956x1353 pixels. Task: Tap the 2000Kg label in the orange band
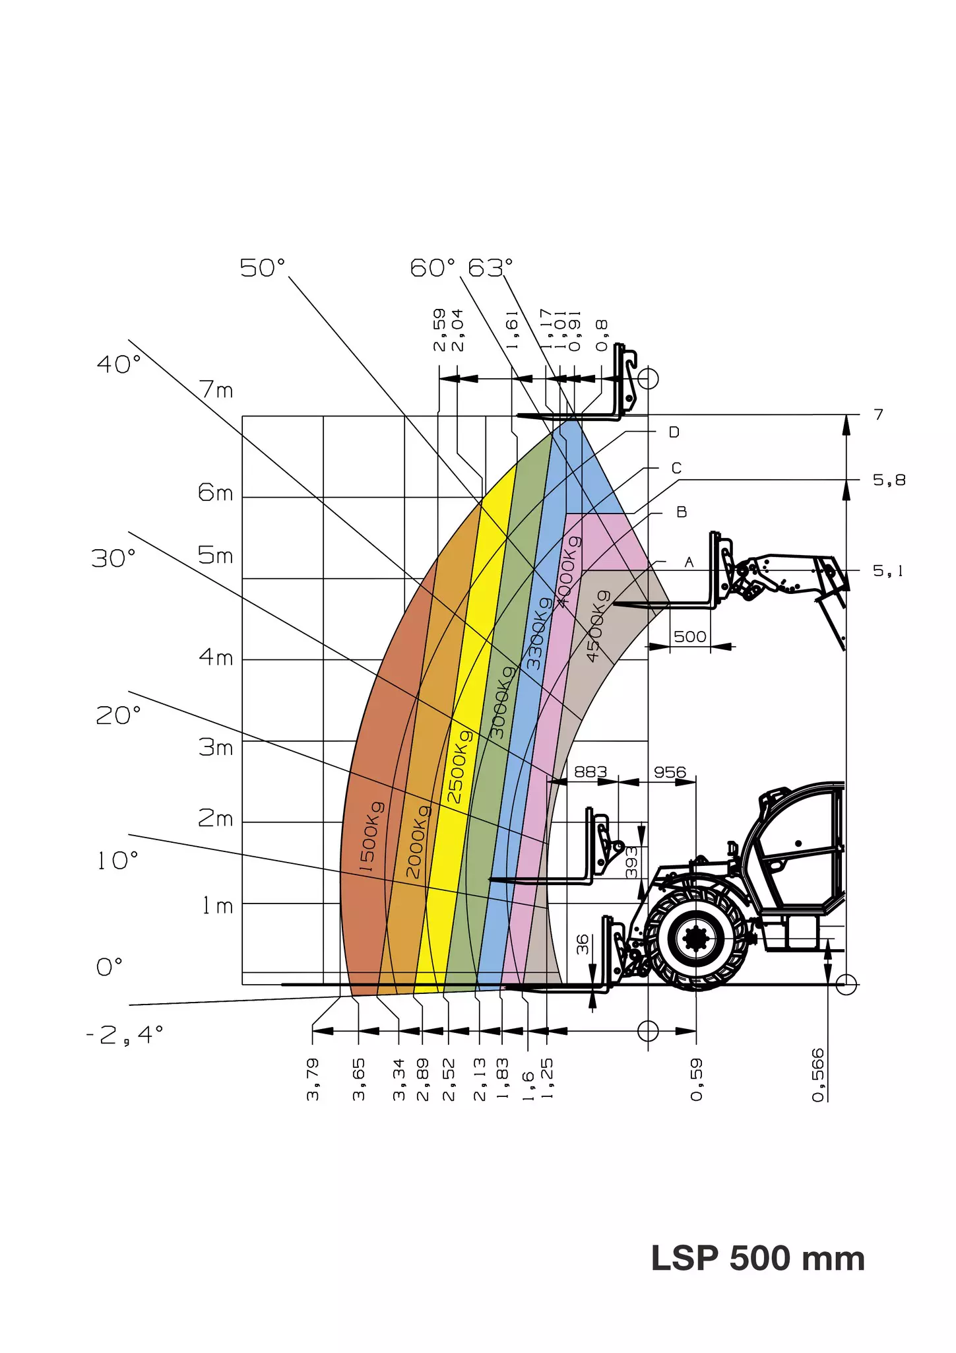click(x=417, y=841)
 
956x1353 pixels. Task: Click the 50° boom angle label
click(x=263, y=268)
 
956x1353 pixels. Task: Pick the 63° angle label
click(x=490, y=268)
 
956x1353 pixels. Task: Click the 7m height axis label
click(x=216, y=390)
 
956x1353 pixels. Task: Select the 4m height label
click(x=216, y=657)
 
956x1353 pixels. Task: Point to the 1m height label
click(x=218, y=906)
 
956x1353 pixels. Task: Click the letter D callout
click(x=674, y=432)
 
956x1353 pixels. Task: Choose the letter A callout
click(x=689, y=562)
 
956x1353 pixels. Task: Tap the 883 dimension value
click(x=590, y=772)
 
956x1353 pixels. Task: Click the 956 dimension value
click(x=670, y=772)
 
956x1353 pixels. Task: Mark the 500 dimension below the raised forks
click(x=690, y=636)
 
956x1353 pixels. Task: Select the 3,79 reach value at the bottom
click(x=313, y=1079)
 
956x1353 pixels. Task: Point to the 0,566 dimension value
click(x=818, y=1074)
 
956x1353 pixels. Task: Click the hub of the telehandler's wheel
click(x=696, y=938)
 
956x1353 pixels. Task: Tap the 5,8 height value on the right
click(x=889, y=480)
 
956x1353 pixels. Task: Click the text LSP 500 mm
click(x=757, y=1258)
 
